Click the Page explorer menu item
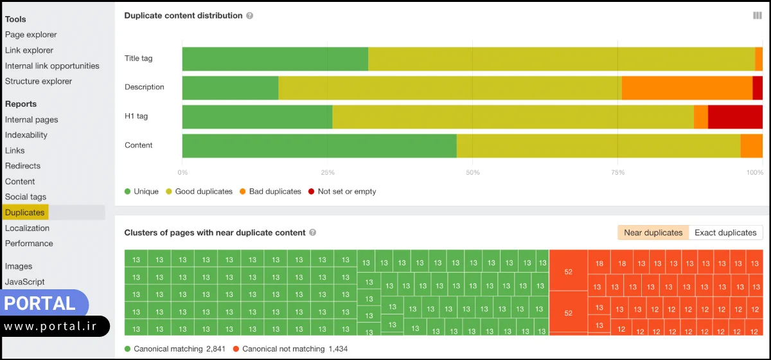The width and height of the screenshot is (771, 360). [31, 35]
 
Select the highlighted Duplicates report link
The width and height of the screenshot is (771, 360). [25, 212]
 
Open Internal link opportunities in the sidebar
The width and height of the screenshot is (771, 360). [52, 66]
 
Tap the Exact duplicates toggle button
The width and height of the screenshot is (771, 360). [725, 233]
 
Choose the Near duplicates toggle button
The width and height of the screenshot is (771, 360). [653, 233]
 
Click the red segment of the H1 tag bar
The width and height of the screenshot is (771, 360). [735, 116]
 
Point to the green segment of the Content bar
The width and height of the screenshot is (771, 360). [319, 145]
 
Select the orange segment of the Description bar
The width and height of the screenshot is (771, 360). [687, 87]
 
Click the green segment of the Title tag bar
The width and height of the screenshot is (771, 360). [275, 59]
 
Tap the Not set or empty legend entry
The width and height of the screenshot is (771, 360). [342, 192]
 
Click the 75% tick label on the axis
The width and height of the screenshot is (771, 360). [617, 172]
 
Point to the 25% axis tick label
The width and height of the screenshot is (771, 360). [328, 172]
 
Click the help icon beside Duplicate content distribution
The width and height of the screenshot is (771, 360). [249, 15]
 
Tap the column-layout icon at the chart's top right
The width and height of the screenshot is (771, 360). [758, 15]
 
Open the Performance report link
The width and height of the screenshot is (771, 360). [29, 243]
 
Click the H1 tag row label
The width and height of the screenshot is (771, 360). [136, 116]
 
